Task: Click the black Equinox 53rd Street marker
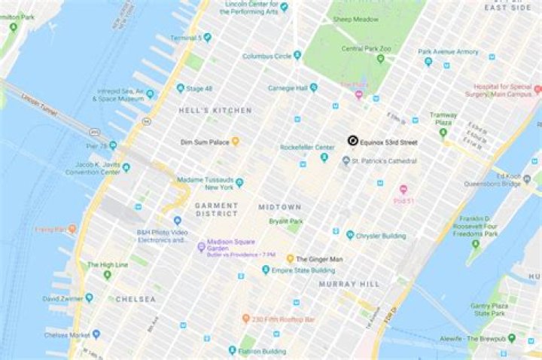pyautogui.click(x=352, y=141)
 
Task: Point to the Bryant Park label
pyautogui.click(x=286, y=221)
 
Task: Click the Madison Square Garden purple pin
pyautogui.click(x=201, y=246)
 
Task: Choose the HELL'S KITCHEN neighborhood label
pyautogui.click(x=215, y=111)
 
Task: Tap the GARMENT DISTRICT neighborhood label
pyautogui.click(x=216, y=210)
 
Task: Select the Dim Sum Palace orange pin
pyautogui.click(x=235, y=141)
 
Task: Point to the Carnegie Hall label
pyautogui.click(x=292, y=88)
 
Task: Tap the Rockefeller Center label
pyautogui.click(x=306, y=147)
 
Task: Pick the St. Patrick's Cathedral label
pyautogui.click(x=385, y=160)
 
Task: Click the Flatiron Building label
pyautogui.click(x=263, y=351)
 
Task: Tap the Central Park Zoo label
pyautogui.click(x=367, y=49)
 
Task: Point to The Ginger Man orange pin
pyautogui.click(x=290, y=258)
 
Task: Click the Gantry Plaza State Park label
pyautogui.click(x=489, y=308)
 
